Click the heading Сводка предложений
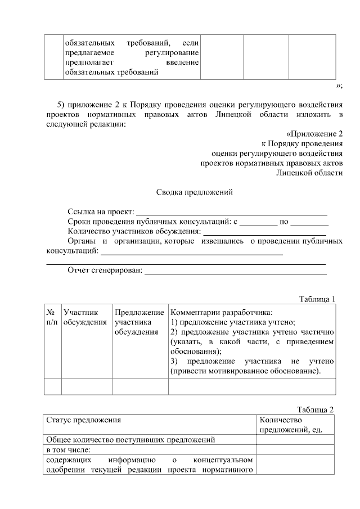coord(194,192)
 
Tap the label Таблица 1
coord(317,299)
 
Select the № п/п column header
coord(52,316)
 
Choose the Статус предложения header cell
coord(83,420)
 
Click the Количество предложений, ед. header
coord(287,425)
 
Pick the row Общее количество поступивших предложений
coord(130,440)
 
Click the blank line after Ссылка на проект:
coord(231,213)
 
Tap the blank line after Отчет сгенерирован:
coord(236,272)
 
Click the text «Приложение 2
coord(314,134)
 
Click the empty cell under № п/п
coord(52,387)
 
